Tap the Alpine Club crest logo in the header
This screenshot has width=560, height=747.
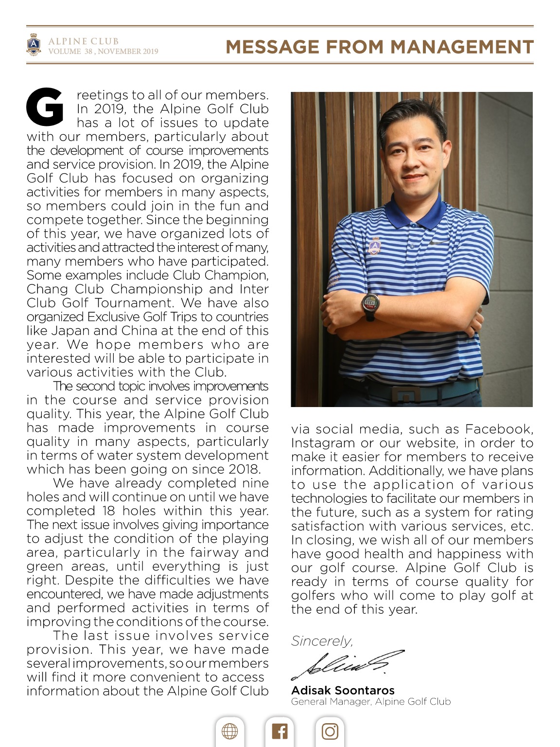pyautogui.click(x=33, y=45)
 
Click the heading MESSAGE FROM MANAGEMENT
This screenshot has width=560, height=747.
pyautogui.click(x=380, y=47)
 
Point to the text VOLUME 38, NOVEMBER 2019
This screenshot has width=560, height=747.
pyautogui.click(x=103, y=51)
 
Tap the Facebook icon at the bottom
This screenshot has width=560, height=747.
pyautogui.click(x=280, y=731)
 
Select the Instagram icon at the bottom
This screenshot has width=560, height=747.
pyautogui.click(x=330, y=731)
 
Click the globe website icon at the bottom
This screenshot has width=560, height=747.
pyautogui.click(x=229, y=731)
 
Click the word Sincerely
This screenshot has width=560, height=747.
pyautogui.click(x=321, y=641)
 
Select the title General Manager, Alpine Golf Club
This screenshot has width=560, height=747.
pyautogui.click(x=371, y=701)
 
